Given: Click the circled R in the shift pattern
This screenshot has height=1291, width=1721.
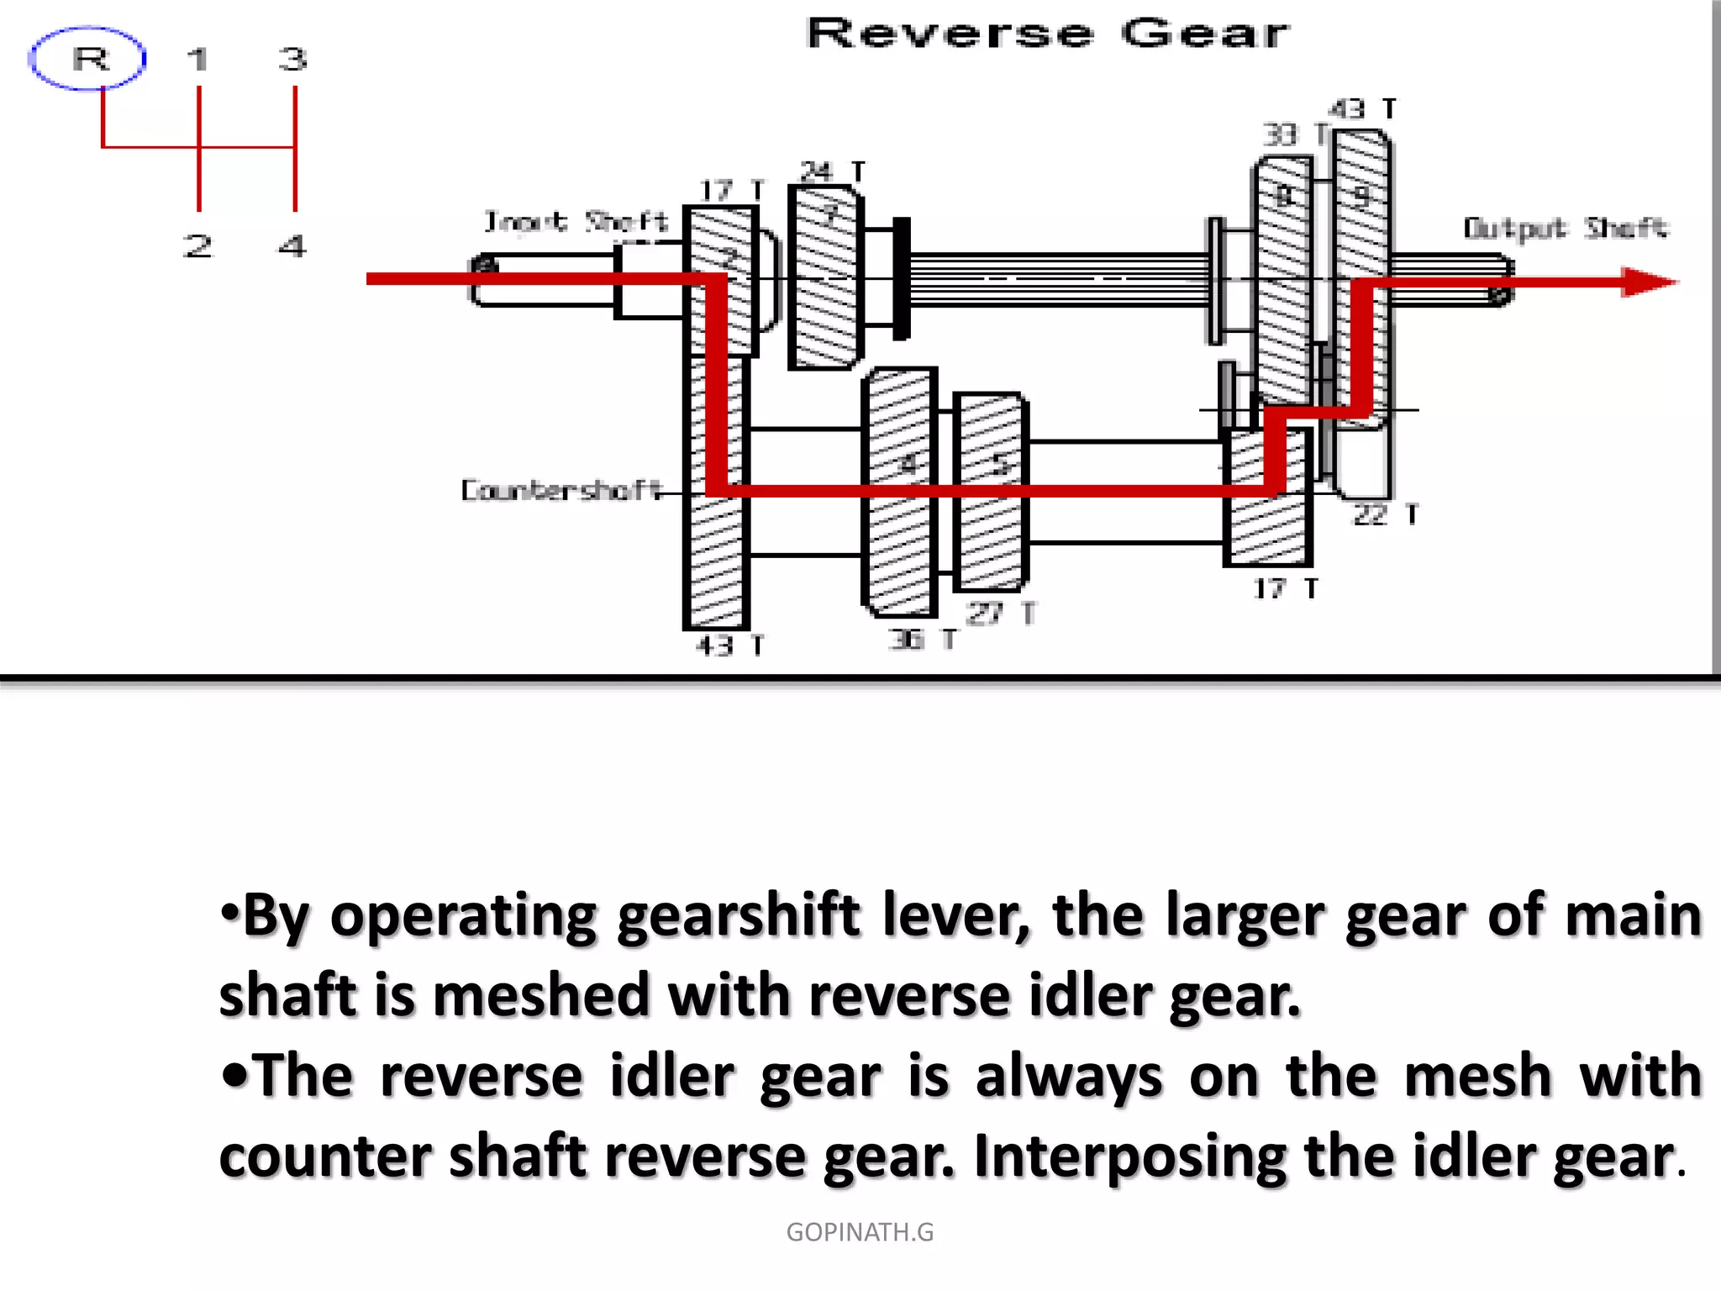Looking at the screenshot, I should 88,59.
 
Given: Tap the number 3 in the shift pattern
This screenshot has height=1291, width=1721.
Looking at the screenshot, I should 293,60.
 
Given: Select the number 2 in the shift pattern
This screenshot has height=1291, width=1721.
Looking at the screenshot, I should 197,246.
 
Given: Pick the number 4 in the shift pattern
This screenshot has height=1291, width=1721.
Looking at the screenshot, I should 292,246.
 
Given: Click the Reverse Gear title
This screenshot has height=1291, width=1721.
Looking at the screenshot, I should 1047,34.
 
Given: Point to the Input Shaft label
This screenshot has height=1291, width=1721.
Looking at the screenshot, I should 576,222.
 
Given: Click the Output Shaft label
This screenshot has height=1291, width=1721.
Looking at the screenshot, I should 1565,229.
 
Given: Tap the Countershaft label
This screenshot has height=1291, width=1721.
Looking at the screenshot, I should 561,490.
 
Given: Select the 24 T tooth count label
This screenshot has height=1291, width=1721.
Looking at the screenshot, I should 832,171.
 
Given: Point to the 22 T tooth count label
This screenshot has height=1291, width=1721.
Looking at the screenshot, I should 1385,514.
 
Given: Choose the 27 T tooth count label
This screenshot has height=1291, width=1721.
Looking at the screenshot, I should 1000,614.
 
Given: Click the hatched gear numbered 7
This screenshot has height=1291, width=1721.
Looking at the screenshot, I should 827,277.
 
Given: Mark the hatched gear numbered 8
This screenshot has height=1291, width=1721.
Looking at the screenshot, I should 1283,252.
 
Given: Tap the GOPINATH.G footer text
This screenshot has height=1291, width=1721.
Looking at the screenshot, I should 860,1231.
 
